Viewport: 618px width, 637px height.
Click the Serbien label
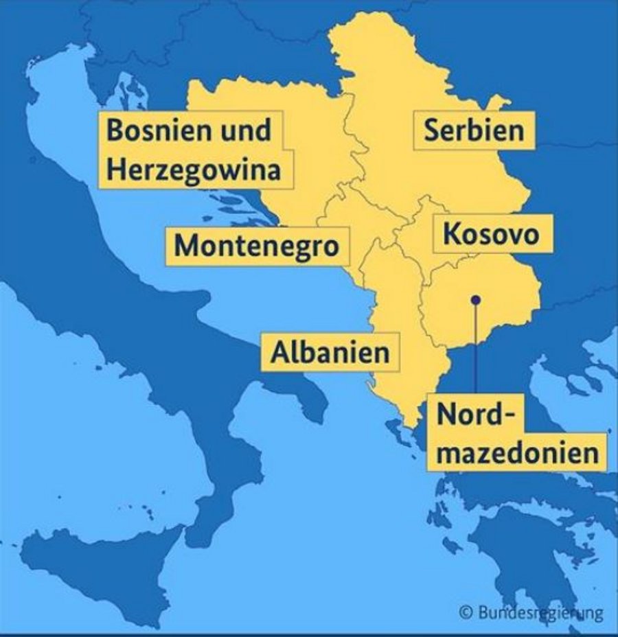(473, 130)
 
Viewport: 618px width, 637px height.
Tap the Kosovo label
(490, 234)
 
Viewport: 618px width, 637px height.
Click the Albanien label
(330, 352)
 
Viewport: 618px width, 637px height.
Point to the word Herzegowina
(194, 170)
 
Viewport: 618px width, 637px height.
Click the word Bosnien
(156, 130)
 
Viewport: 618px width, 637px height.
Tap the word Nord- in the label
(475, 415)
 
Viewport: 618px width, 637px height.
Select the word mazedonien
(518, 452)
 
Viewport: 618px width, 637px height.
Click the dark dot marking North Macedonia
(475, 299)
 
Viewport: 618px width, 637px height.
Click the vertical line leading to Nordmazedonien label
(475, 350)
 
